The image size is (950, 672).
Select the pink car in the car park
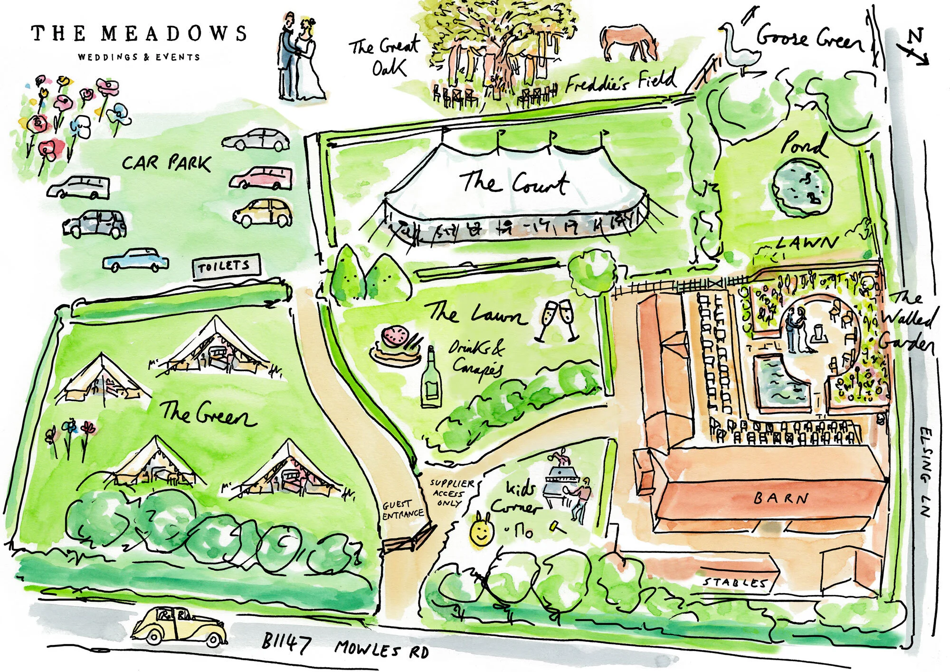click(x=261, y=177)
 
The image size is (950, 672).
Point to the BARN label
click(x=781, y=498)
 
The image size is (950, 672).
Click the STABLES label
click(x=735, y=582)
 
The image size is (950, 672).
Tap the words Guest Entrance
click(x=402, y=510)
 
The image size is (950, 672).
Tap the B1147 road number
click(x=286, y=643)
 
